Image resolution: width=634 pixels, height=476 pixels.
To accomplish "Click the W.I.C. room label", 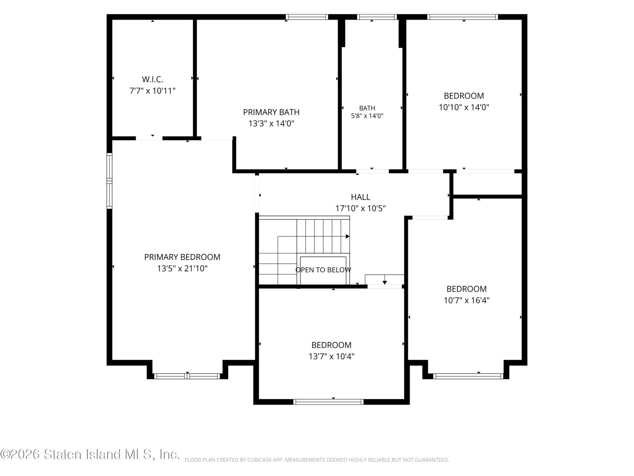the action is coord(153,79).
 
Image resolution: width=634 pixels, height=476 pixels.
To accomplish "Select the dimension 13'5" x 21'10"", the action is coord(182,268).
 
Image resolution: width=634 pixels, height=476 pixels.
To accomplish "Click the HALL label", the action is coord(361,197).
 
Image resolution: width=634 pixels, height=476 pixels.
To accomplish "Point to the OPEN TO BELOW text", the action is coord(323,270).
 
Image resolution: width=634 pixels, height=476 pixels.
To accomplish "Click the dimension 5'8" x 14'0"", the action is coord(367,116).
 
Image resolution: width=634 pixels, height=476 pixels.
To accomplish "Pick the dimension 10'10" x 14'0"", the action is coord(464,107).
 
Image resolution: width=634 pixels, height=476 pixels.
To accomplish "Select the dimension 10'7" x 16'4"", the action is coord(467,300).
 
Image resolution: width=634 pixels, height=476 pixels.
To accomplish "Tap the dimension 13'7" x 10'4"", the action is coord(331,356).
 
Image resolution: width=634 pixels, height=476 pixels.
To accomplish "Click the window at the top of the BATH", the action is coord(377,17).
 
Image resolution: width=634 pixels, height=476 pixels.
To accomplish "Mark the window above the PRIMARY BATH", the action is coord(307,17).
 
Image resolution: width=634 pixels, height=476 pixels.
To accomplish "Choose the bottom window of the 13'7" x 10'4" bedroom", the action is coord(328,402).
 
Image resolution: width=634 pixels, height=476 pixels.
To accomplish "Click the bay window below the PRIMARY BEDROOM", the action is coord(187,376).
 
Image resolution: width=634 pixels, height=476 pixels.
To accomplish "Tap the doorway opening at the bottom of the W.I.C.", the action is coord(149,138).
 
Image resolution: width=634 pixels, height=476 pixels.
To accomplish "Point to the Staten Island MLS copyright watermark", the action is coord(90,454).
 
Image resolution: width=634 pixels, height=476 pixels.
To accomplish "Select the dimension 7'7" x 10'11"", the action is coord(153,91).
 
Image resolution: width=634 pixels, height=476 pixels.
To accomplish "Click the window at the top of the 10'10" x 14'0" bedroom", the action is coord(462,17).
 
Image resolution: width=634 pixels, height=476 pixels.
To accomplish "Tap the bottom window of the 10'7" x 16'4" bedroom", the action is coord(468,376).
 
